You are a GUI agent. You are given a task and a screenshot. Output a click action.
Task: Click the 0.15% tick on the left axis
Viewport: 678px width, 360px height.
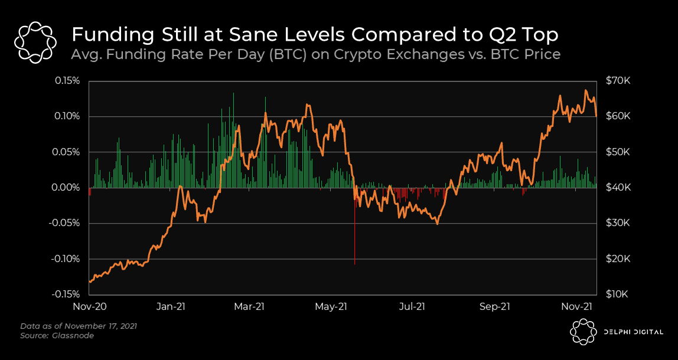[x=67, y=80]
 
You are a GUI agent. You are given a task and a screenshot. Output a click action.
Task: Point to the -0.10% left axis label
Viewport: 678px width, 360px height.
[x=66, y=258]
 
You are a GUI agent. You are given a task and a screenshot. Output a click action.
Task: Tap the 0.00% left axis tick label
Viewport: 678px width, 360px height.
[x=67, y=188]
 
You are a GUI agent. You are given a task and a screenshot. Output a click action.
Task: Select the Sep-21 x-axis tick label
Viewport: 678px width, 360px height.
[x=494, y=307]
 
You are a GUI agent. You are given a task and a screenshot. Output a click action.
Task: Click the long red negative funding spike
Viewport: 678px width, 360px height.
[x=354, y=236]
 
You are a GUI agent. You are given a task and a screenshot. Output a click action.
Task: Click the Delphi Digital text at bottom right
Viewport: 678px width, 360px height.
[x=633, y=332]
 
